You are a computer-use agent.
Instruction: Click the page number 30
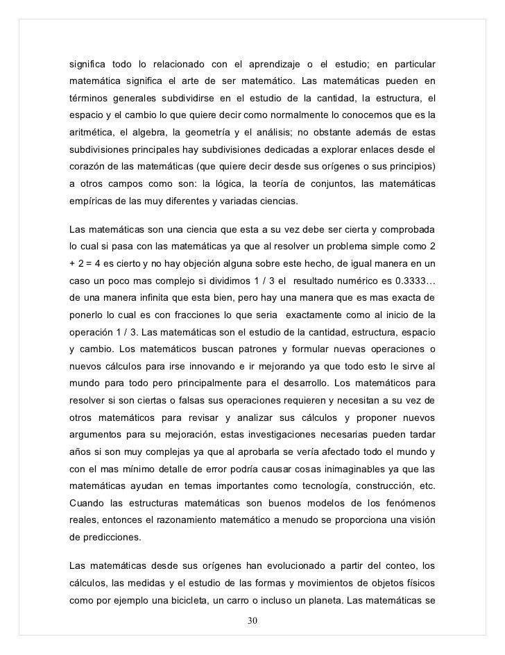(252, 620)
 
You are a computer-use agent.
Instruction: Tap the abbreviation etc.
(424, 482)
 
